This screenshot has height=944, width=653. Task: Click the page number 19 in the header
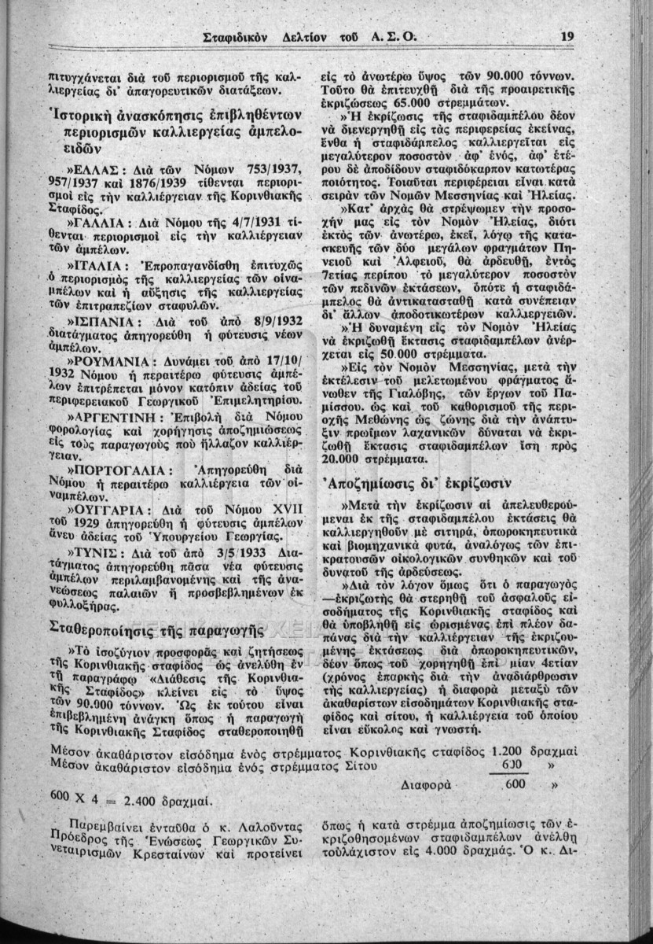[x=569, y=35]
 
